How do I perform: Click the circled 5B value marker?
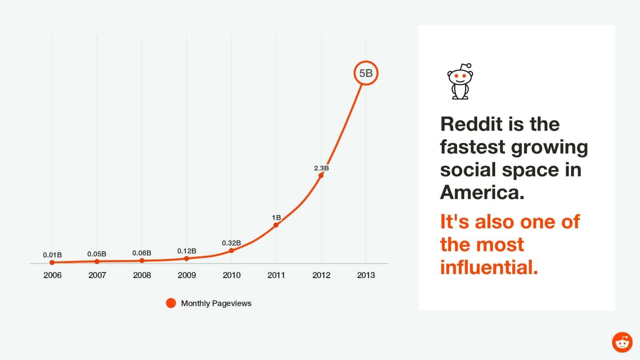(366, 73)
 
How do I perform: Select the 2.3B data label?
(321, 168)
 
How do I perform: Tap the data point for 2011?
(276, 225)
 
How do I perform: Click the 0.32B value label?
(231, 243)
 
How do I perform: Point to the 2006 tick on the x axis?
(52, 275)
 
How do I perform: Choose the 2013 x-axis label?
(366, 275)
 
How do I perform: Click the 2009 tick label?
(187, 275)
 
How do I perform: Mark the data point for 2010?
(231, 251)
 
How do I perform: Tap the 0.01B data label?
(52, 255)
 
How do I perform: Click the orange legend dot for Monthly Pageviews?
(171, 303)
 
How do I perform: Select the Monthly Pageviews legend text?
(216, 303)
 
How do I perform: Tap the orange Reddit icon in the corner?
(622, 342)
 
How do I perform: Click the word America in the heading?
(482, 192)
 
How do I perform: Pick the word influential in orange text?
(489, 267)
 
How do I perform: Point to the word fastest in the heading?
(472, 147)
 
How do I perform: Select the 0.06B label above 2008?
(142, 253)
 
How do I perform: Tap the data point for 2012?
(321, 176)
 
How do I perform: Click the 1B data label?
(276, 218)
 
